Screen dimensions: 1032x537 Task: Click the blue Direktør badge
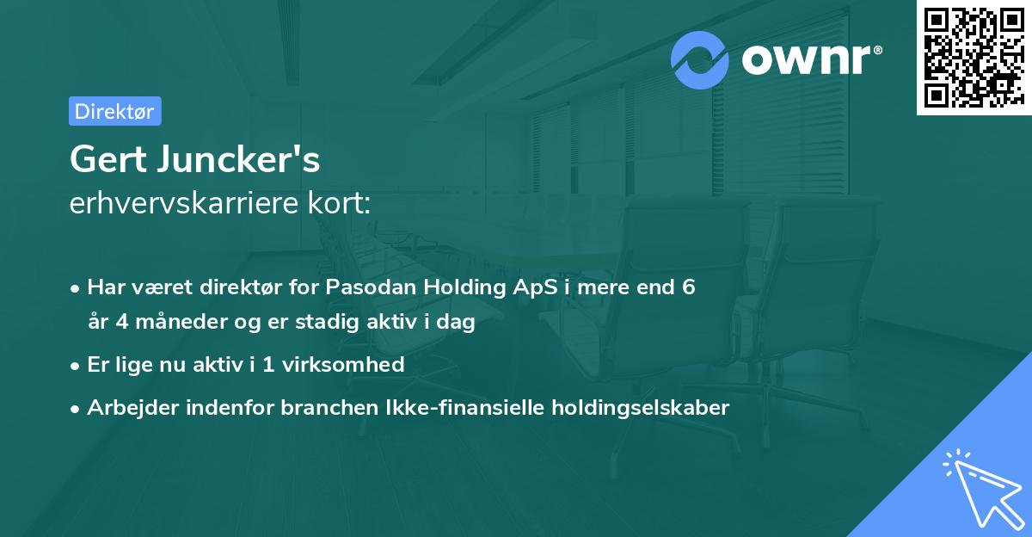coord(115,111)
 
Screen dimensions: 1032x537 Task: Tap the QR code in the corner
coord(974,57)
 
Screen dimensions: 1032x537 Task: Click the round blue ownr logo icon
coord(699,60)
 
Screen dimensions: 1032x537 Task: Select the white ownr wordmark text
coord(806,60)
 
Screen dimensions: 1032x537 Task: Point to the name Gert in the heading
coord(108,159)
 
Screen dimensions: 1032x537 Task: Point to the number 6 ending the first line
coord(688,287)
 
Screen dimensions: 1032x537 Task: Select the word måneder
coord(181,321)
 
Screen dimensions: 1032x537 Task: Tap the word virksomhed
coord(343,365)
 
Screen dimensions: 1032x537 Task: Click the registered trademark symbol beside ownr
coord(877,50)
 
